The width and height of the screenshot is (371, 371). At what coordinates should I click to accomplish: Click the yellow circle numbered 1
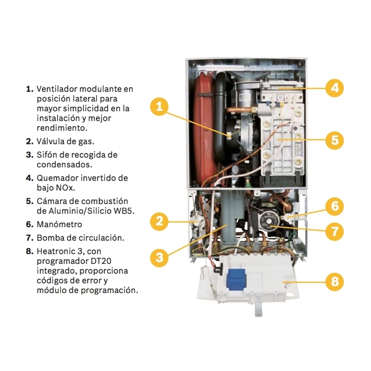pyautogui.click(x=160, y=106)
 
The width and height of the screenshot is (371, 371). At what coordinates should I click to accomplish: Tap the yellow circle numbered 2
pyautogui.click(x=160, y=221)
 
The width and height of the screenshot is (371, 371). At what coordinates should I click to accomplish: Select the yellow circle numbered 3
pyautogui.click(x=160, y=258)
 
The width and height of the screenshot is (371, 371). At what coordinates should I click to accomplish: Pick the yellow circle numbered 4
pyautogui.click(x=335, y=88)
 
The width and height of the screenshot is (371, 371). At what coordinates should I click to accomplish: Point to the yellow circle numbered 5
pyautogui.click(x=335, y=140)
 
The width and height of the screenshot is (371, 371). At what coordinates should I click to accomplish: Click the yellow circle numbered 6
pyautogui.click(x=335, y=206)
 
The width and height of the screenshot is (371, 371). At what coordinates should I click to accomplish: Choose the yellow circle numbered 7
pyautogui.click(x=335, y=231)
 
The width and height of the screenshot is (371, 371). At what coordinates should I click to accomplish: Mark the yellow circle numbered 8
pyautogui.click(x=335, y=282)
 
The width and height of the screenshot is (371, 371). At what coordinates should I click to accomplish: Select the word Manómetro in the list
pyautogui.click(x=59, y=224)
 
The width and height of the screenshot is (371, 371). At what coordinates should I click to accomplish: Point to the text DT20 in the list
pyautogui.click(x=101, y=261)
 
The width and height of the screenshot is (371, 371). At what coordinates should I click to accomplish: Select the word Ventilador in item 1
pyautogui.click(x=57, y=89)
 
